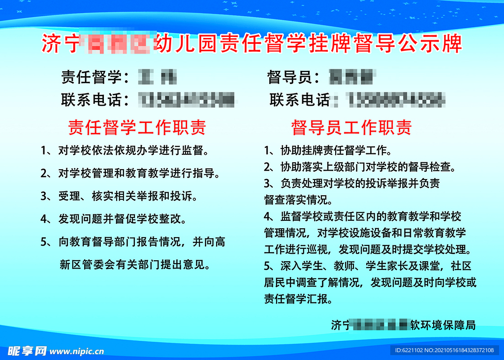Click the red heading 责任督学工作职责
pos(136,128)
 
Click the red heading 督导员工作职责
pos(351,128)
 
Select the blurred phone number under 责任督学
pos(187,100)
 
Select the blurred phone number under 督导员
pos(394,100)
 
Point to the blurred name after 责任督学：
pos(157,77)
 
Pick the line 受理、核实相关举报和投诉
pos(119,196)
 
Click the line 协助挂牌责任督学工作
pos(327,150)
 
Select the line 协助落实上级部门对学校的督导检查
pos(359,167)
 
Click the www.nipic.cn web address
pos(77,351)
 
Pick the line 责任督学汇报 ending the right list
pos(298,299)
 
